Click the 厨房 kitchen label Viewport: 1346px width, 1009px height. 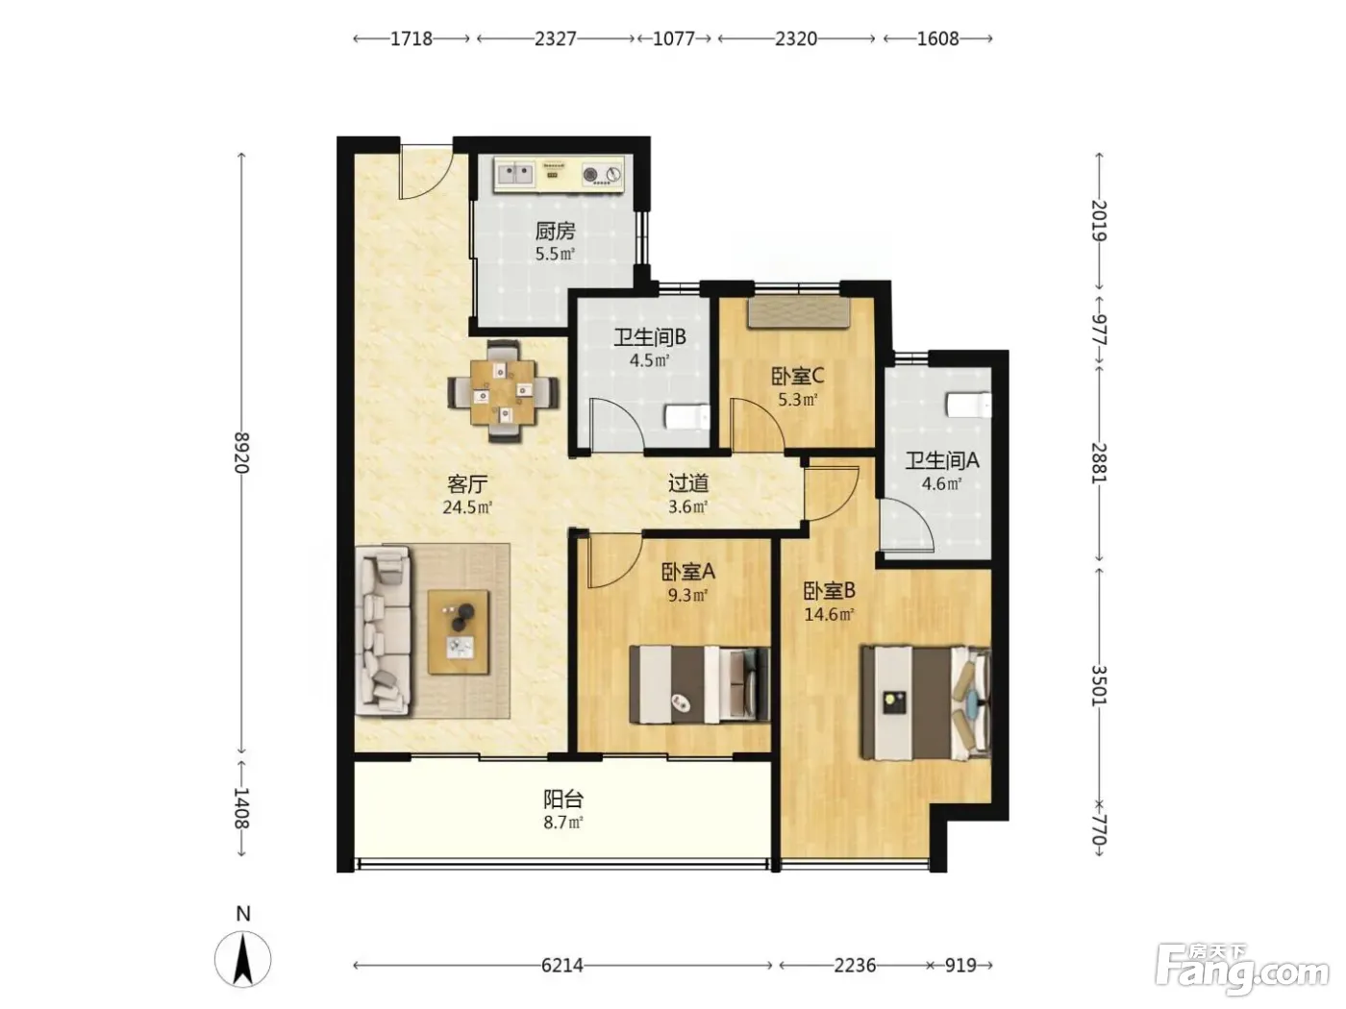pos(555,231)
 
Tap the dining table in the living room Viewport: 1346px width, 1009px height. pos(504,391)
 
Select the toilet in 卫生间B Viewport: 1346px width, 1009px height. pos(687,417)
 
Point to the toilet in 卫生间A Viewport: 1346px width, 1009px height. pos(969,405)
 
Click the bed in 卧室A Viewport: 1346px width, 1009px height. pos(699,683)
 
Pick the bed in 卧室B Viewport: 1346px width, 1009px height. pos(926,702)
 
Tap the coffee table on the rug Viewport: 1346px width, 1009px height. pos(459,632)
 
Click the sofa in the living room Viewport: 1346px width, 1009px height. pos(384,631)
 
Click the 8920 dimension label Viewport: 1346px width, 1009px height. pos(241,453)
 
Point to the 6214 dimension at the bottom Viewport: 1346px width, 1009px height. pos(561,966)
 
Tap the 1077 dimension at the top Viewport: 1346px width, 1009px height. pos(673,39)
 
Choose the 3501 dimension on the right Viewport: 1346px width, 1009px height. pos(1099,685)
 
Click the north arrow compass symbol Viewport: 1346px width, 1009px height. pos(243,959)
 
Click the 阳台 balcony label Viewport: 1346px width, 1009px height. pos(563,799)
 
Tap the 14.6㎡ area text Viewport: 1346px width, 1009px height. pos(829,614)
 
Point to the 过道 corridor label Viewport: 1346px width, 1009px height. pos(688,483)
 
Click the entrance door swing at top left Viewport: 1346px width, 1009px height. pos(426,172)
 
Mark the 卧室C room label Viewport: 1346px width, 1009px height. pos(797,376)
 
